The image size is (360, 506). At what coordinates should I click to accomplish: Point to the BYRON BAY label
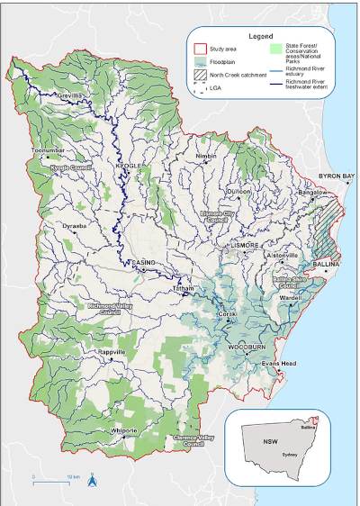click(337, 176)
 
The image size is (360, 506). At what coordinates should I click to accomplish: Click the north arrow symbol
click(92, 481)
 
